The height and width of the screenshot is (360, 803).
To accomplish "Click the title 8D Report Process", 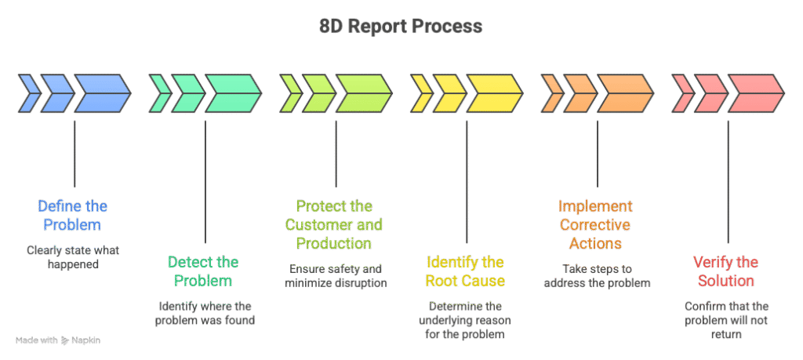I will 401,27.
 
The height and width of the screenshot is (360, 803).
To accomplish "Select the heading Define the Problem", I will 73,216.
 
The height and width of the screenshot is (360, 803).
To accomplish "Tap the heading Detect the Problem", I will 204,271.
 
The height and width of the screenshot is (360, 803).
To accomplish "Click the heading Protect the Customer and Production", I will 335,225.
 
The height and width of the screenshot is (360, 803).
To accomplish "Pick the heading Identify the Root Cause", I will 465,271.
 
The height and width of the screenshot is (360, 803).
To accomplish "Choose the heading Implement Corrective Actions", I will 595,225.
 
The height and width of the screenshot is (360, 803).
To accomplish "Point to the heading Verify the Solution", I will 727,271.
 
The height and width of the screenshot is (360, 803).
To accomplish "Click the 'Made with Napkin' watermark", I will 58,340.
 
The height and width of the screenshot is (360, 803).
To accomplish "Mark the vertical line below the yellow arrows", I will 467,180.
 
